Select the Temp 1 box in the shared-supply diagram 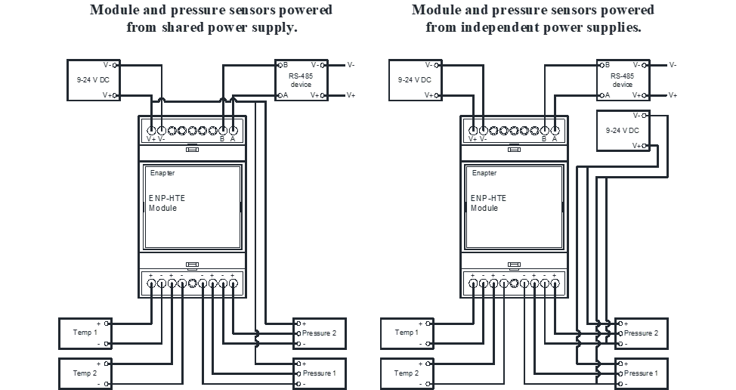point(85,333)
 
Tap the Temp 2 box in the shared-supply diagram point(85,373)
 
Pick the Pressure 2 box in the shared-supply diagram point(320,333)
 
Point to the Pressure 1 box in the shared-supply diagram point(320,373)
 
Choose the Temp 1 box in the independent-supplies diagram point(407,333)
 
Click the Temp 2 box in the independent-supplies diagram point(407,373)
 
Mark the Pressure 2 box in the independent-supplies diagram point(642,333)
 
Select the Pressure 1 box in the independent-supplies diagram point(642,373)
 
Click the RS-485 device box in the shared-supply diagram point(300,79)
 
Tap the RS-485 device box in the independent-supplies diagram point(623,79)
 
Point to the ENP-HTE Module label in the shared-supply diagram point(166,203)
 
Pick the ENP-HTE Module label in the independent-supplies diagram point(488,203)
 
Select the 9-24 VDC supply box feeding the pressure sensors point(623,130)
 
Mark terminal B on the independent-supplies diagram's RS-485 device point(604,65)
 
